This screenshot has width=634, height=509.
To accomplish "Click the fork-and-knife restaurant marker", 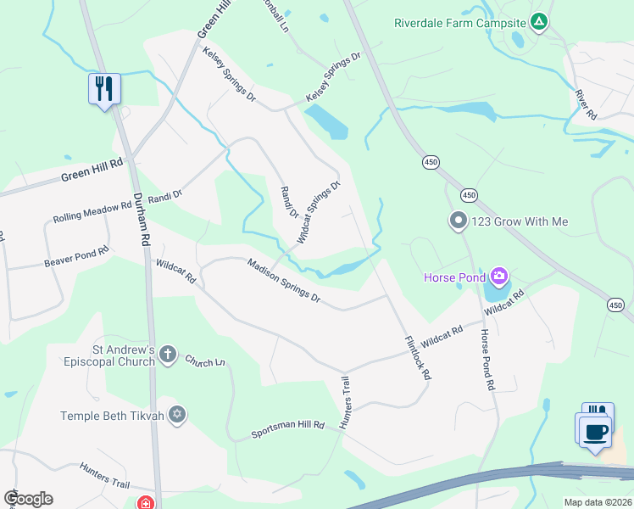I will (105, 88).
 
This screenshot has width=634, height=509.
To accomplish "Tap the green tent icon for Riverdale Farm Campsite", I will (538, 22).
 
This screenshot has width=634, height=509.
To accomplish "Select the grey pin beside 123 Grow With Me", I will (459, 221).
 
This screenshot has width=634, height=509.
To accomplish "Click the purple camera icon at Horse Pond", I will (499, 276).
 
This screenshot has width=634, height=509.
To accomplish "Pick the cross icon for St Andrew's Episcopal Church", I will (168, 355).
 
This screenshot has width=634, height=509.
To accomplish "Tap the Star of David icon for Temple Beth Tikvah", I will (176, 415).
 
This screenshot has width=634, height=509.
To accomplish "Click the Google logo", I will (28, 499).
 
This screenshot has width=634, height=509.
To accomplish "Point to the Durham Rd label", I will (141, 217).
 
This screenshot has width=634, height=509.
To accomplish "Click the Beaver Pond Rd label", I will (76, 258).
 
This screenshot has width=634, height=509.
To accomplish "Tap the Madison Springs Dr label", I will (284, 280).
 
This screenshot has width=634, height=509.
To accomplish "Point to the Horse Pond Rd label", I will (486, 360).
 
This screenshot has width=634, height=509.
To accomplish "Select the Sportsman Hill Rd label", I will (288, 430).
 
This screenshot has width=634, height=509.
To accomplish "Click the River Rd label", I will (586, 103).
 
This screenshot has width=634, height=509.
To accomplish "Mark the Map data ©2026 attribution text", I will (598, 502).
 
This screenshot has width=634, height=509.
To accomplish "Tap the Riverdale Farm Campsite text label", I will (460, 22).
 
